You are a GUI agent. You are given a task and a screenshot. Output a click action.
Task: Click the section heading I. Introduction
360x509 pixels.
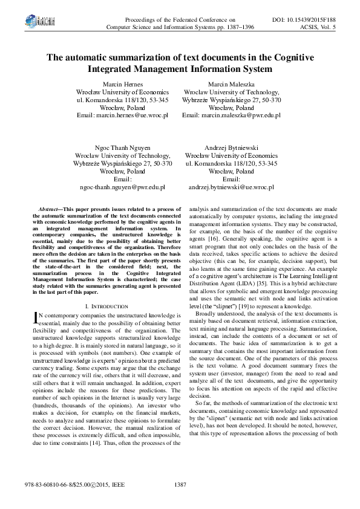106,307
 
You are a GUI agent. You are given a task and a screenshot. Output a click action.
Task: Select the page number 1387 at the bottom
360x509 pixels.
180,485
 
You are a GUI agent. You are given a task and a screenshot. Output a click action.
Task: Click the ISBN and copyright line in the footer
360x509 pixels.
67,485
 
